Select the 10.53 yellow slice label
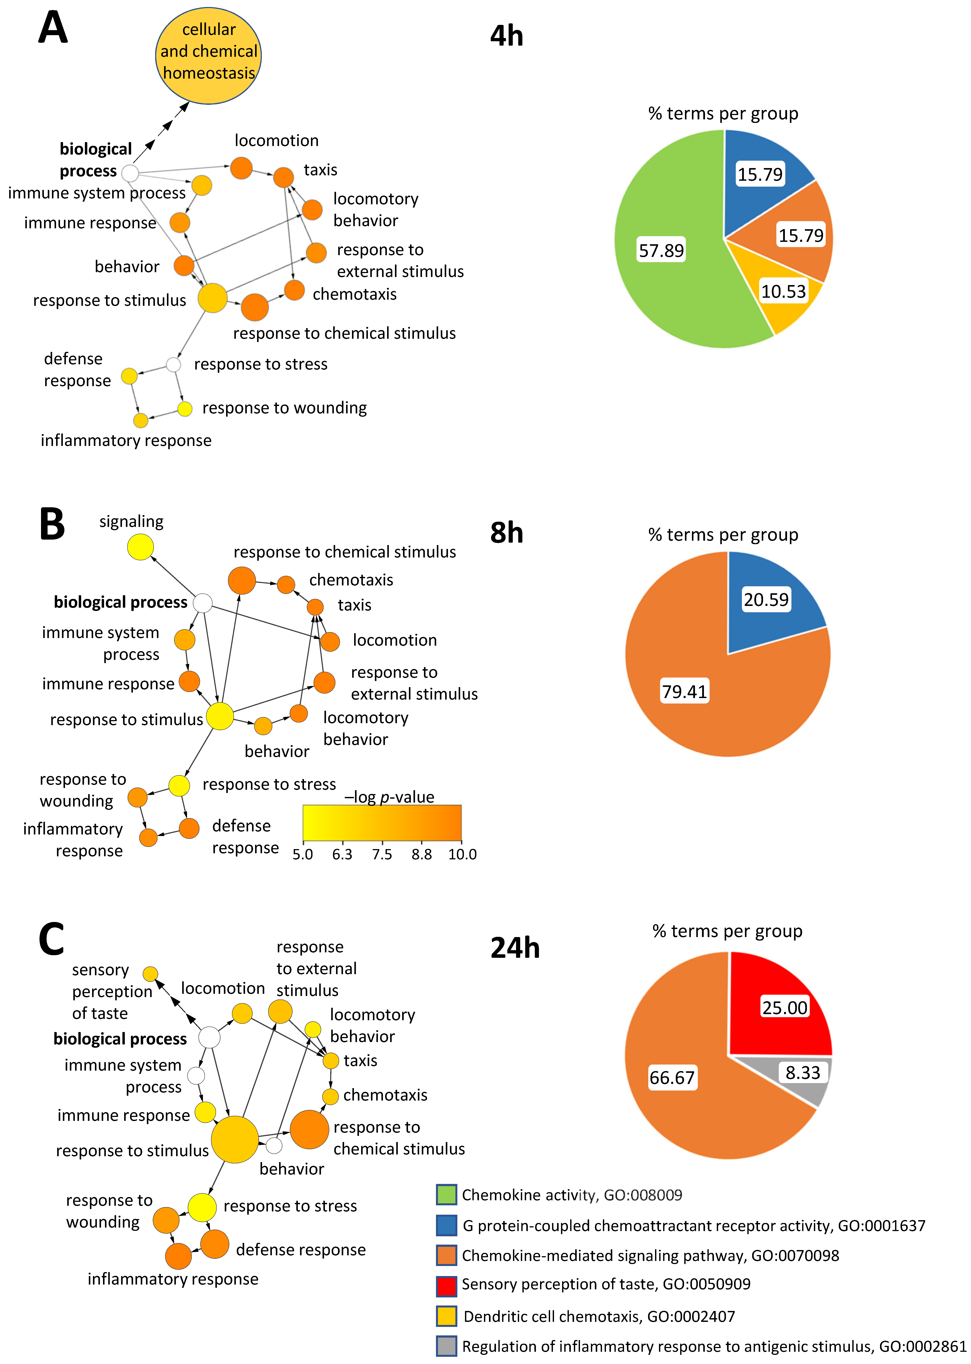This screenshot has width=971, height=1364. point(783,292)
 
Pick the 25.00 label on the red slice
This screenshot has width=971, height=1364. point(784,1008)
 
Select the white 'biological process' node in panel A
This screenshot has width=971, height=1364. point(130,173)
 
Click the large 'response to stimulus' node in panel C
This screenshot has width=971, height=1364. point(235,1139)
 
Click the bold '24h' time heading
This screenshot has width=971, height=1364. point(515,948)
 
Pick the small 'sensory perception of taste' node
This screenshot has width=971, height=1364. point(151,974)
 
